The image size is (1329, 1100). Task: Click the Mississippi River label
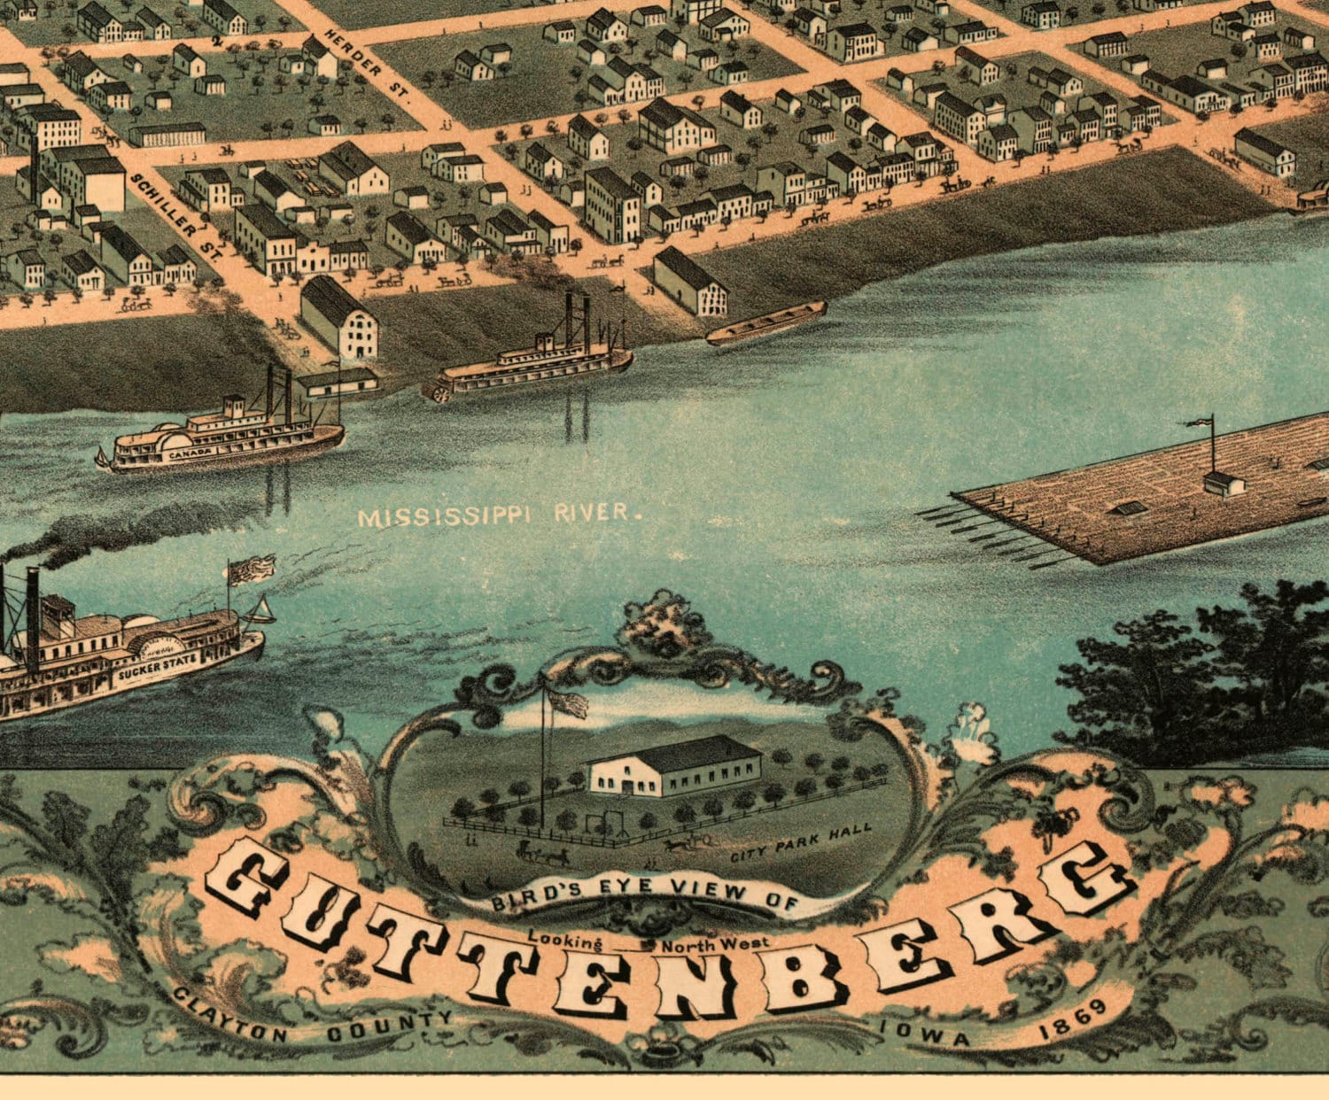coord(498,515)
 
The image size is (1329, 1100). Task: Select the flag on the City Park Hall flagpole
coord(568,703)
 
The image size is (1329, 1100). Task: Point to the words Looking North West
coord(649,941)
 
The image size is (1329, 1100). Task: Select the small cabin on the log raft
coord(1224,484)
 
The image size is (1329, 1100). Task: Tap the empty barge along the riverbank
coord(766,324)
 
